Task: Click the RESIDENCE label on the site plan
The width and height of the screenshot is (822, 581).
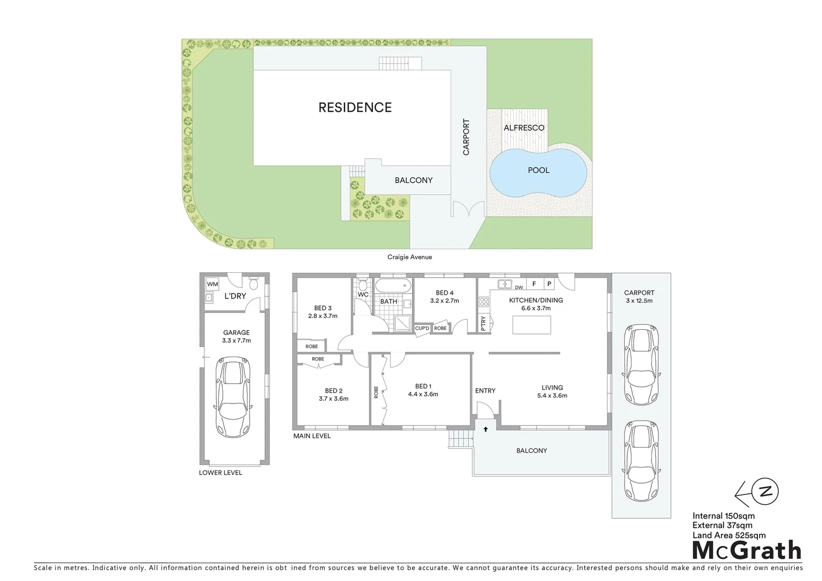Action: (x=355, y=108)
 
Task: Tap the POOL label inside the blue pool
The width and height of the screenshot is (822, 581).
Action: (x=538, y=170)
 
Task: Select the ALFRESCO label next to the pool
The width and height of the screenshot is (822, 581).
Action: (x=524, y=128)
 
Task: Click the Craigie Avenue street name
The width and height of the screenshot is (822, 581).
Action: (x=410, y=257)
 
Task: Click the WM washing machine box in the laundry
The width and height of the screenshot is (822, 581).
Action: (x=212, y=284)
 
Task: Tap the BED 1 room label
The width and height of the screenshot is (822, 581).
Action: (x=423, y=386)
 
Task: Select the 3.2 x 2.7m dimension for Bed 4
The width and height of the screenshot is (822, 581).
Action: (x=444, y=301)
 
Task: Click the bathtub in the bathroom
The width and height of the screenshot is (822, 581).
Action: (x=392, y=285)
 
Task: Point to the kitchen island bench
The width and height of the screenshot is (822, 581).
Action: (x=532, y=325)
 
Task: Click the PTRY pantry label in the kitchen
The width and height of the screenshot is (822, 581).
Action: (x=484, y=323)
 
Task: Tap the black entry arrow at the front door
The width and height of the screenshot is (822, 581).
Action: (x=486, y=429)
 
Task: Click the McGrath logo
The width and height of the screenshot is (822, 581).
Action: (x=747, y=550)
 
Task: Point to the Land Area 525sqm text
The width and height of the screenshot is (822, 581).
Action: (x=729, y=535)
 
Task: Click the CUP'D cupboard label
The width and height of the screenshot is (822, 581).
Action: (x=422, y=328)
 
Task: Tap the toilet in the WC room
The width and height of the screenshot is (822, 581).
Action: (x=363, y=284)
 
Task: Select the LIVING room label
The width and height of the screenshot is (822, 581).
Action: (x=552, y=387)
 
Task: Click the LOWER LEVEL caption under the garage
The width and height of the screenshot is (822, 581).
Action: (x=221, y=473)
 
